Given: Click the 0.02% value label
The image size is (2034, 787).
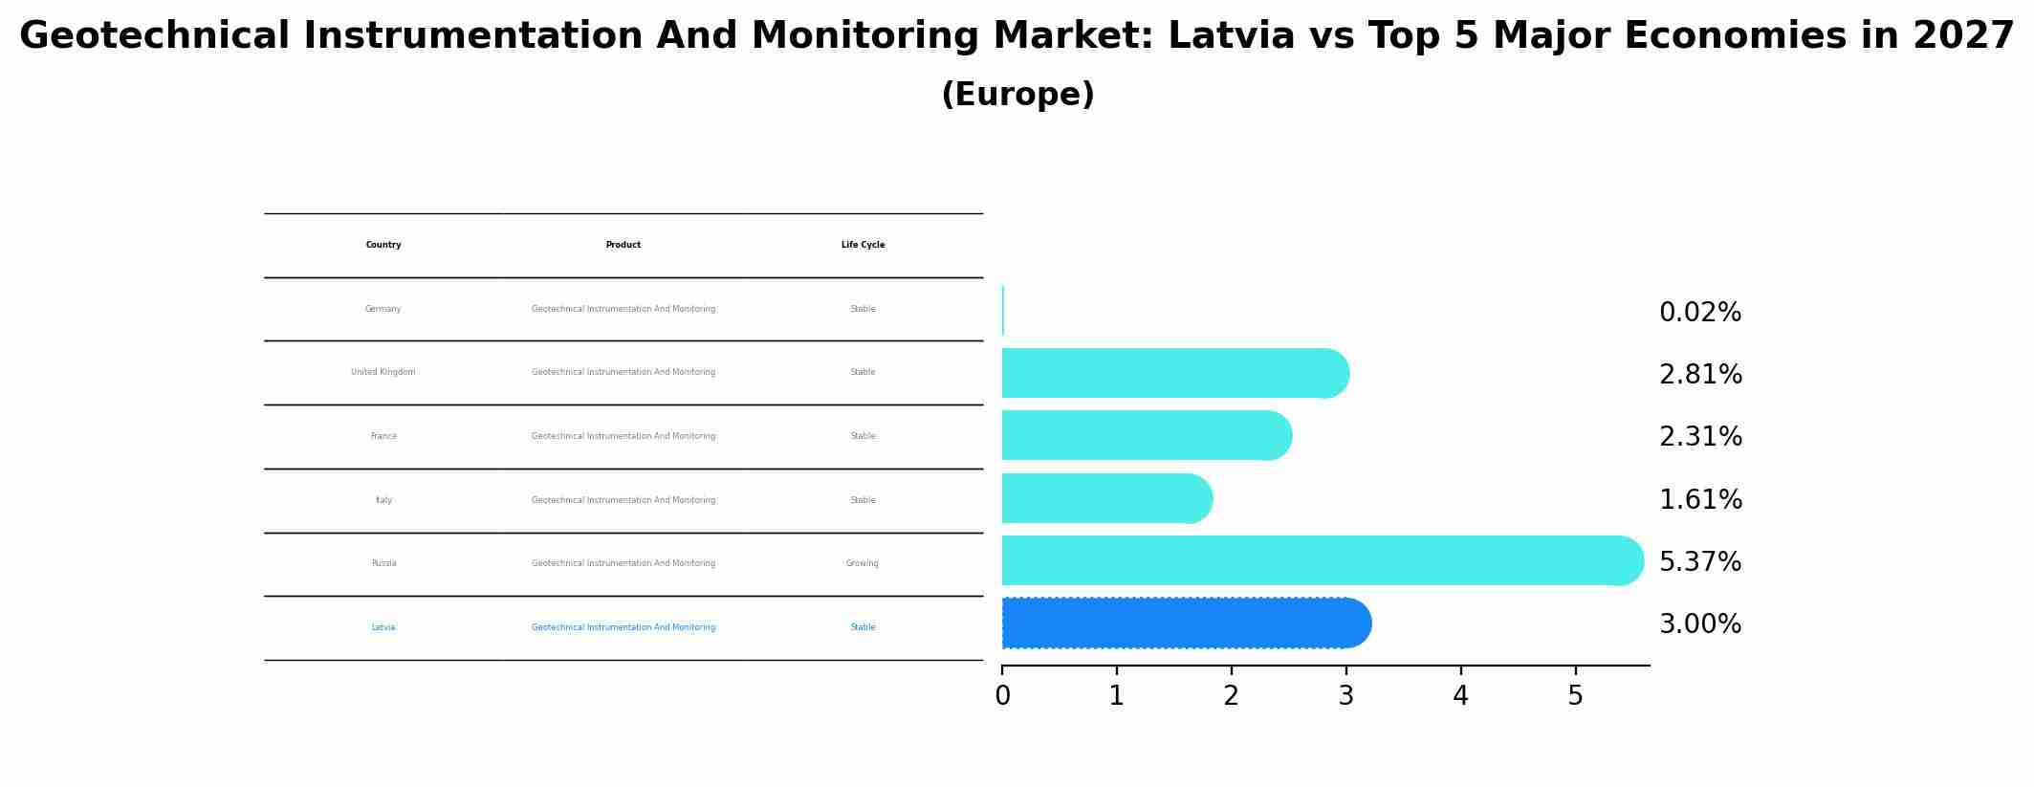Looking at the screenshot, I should coord(1699,313).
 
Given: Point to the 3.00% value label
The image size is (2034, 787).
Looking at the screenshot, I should coord(1699,624).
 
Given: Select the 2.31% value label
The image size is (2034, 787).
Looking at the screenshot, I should coord(1699,437).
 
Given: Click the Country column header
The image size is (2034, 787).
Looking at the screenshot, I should coord(383,245).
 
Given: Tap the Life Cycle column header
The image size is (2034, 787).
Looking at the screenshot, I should coord(863,245).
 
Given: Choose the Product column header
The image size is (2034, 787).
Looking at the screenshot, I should coord(623,245).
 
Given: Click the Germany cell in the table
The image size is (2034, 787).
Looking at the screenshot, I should coord(383,309).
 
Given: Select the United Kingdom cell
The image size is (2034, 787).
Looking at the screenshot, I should coord(383,372).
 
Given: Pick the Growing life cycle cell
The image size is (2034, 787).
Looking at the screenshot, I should coord(863,563).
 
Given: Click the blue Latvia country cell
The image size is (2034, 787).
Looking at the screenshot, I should coord(383,627).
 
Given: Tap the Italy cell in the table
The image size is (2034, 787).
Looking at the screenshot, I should coord(383,500).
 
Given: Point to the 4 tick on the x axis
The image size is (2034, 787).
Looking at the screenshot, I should coord(1460,696).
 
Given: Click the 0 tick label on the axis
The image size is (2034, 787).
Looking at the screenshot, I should coord(1002,696).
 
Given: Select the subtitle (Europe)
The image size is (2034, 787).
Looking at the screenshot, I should coord(1017,95).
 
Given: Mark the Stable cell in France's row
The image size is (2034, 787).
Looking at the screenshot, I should coord(863,436).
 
